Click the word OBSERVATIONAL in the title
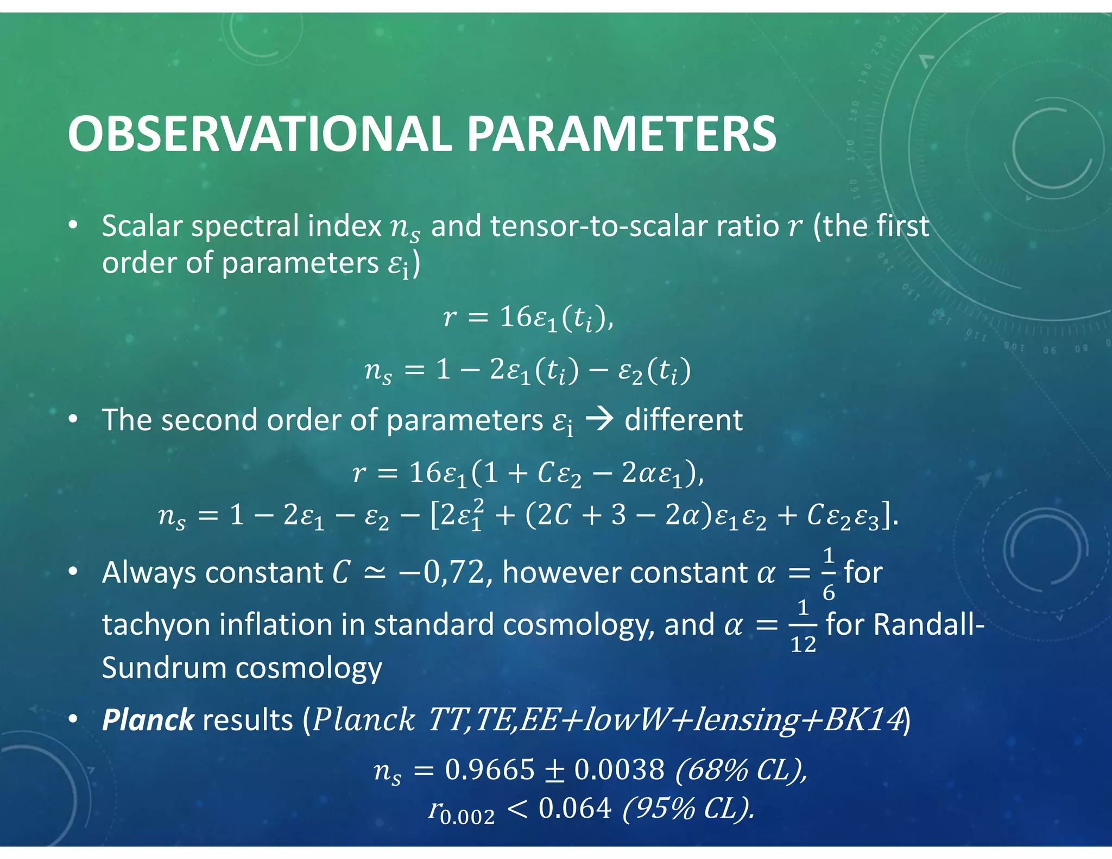click(x=260, y=135)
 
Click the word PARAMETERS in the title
click(x=622, y=135)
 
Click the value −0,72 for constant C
click(x=441, y=572)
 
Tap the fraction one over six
click(x=828, y=573)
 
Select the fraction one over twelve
click(x=803, y=626)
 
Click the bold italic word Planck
click(x=148, y=720)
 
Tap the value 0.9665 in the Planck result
click(x=490, y=769)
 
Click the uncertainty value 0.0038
click(x=619, y=769)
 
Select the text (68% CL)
click(x=741, y=769)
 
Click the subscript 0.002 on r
click(x=467, y=817)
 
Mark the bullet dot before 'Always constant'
click(x=74, y=572)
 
